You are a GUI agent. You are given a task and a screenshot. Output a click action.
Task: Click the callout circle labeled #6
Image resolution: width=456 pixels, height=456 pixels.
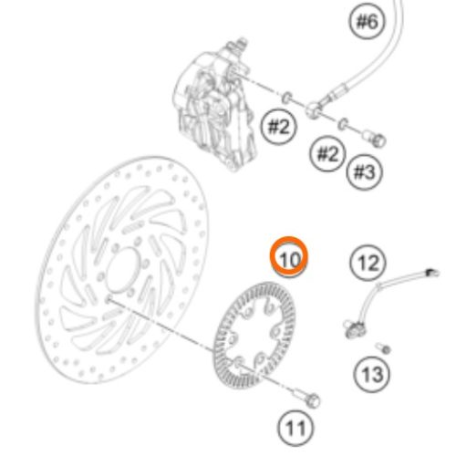coord(367,21)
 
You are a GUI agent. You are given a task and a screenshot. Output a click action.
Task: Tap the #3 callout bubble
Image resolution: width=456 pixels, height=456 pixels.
coord(365,172)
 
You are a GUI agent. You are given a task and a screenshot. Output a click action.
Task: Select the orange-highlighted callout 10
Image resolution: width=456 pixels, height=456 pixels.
coord(289,257)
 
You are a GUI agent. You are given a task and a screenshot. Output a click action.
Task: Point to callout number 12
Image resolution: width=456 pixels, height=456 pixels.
coord(368,263)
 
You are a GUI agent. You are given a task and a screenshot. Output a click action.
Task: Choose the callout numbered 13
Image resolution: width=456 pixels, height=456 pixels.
coord(372,374)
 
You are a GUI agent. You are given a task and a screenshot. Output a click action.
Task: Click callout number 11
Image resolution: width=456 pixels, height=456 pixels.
coord(295,429)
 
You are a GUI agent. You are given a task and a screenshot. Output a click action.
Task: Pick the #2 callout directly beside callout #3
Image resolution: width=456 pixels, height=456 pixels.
coord(327,153)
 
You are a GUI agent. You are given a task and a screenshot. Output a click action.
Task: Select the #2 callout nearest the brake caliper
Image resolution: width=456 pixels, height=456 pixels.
coord(279,127)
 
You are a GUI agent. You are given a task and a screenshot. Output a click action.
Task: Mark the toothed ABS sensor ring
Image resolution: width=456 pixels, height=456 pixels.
coord(254,336)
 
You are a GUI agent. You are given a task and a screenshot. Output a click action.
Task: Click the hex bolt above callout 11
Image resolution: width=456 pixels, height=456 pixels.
coord(307,399)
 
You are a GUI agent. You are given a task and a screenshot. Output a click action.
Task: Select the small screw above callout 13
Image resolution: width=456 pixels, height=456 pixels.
coord(383,348)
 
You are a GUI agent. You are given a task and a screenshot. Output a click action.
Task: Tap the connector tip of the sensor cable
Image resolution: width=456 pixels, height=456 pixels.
coord(432,272)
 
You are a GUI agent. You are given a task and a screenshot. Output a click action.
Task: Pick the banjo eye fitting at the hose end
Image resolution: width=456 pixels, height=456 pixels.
coord(313,109)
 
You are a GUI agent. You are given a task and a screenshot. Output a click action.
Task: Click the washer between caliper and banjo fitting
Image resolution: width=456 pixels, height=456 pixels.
coord(287,98)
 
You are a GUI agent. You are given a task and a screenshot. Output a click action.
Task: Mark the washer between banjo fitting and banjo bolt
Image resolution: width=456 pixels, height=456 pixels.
coord(344,124)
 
